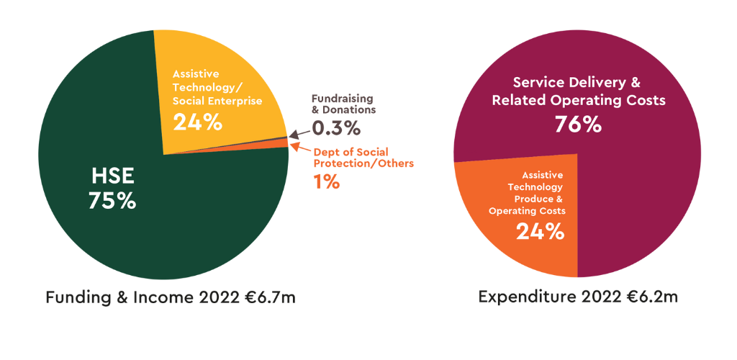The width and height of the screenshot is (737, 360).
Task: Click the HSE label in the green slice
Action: (x=112, y=176)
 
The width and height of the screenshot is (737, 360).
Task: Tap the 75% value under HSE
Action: (x=112, y=201)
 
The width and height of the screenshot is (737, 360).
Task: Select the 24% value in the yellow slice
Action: (x=197, y=122)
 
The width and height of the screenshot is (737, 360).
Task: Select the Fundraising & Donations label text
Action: (x=343, y=104)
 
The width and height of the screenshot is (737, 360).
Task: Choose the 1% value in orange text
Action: (x=326, y=182)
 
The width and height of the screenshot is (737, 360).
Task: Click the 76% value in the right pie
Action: (x=577, y=125)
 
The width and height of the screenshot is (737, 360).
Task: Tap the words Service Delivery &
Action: (x=577, y=82)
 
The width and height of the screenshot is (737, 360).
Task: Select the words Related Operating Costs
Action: (x=579, y=101)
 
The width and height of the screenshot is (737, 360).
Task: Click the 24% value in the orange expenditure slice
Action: (x=540, y=231)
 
